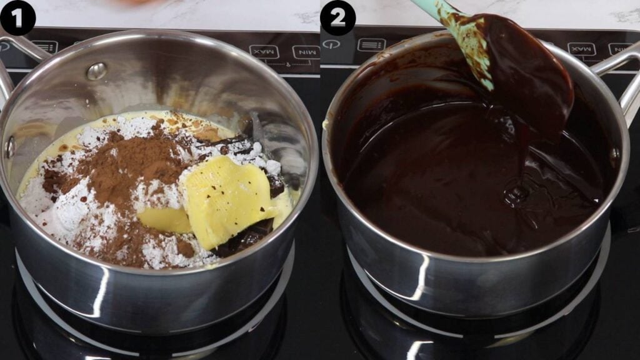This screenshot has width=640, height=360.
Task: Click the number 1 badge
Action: coord(17,17)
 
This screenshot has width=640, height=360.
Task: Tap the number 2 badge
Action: coord(337,17)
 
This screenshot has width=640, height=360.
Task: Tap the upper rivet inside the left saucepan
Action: coord(96,71)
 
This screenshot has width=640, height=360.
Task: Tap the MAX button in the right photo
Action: coord(581,48)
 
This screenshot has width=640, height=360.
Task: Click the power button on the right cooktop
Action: coord(331,44)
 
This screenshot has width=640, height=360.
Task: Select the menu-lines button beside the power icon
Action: coord(371,45)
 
